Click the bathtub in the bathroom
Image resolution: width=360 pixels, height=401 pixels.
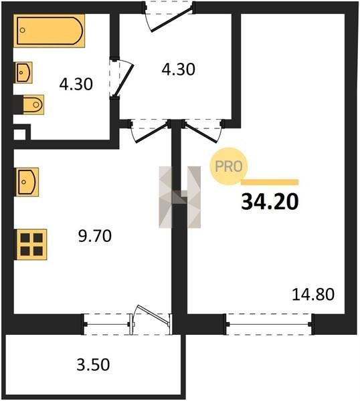point(49,31)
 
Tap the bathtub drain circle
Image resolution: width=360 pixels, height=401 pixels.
point(23,30)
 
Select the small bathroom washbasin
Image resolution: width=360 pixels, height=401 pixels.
point(24,72)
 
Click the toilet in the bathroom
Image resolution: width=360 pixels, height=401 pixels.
point(33,105)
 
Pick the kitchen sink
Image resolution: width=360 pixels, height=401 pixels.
point(27,182)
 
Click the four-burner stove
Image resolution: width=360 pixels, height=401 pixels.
point(31,244)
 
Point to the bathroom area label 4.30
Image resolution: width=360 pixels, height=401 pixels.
point(76,84)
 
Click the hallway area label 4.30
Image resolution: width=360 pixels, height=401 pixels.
point(178,69)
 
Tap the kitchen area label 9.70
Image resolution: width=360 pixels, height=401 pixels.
point(95,236)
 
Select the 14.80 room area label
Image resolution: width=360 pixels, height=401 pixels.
point(313,294)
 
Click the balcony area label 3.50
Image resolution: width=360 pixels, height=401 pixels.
point(93,364)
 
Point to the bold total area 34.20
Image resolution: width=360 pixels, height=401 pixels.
point(270,202)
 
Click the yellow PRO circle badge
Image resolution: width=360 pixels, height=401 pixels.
point(229,166)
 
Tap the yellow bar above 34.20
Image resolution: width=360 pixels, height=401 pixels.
point(270,182)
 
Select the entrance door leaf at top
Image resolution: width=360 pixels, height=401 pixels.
point(171,19)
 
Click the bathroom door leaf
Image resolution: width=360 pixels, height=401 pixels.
point(123,81)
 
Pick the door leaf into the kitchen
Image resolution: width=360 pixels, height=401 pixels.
point(153,132)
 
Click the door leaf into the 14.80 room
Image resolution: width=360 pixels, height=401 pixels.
point(201,132)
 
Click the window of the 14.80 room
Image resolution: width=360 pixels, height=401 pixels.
point(270,324)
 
